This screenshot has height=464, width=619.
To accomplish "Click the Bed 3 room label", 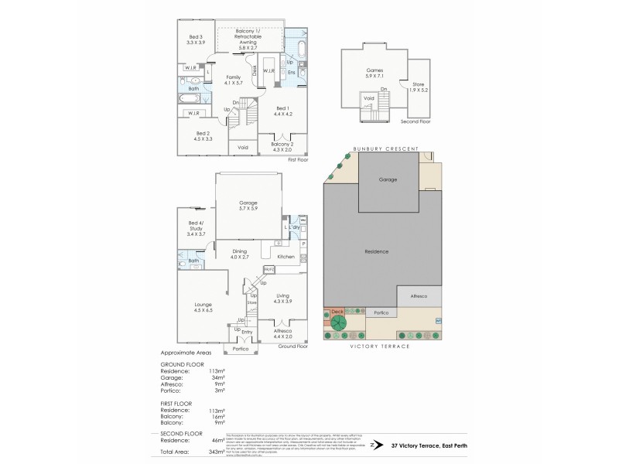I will pos(196,40).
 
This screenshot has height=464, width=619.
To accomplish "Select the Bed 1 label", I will pos(282,111).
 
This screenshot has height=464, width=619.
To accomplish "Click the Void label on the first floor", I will pos(243,147).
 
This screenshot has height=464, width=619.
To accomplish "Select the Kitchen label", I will pos(286,256).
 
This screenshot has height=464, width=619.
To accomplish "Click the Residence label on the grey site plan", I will pos(377,252).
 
